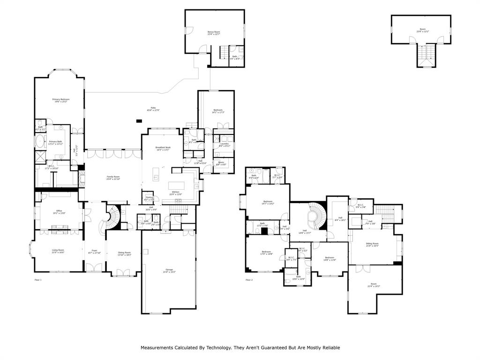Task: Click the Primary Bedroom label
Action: (60, 100)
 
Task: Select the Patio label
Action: (153, 109)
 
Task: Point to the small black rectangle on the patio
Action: (139, 121)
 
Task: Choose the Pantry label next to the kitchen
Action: (149, 199)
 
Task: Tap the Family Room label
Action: (113, 178)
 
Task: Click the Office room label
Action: (59, 212)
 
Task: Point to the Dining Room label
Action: (124, 254)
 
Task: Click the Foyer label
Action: (94, 251)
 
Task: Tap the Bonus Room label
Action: (214, 33)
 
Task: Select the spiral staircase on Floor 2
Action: (313, 217)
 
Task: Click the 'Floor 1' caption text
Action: (38, 280)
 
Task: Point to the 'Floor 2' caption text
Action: (249, 280)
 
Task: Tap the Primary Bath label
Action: (55, 142)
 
